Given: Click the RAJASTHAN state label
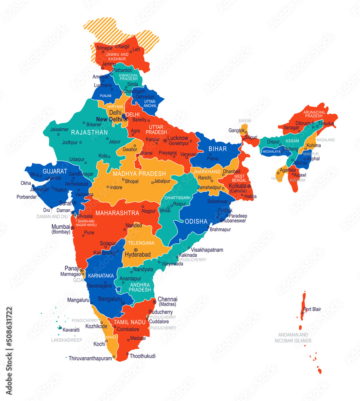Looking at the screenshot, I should click(89, 132).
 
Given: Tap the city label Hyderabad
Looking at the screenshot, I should click(138, 255).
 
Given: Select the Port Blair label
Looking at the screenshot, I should click(312, 309).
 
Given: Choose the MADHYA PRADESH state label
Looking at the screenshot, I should click(139, 174).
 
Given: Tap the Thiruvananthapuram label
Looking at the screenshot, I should click(90, 358).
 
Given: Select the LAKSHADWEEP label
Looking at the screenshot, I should click(67, 340).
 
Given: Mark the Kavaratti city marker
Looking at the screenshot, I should click(60, 328).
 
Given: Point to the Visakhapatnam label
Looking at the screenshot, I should click(207, 250).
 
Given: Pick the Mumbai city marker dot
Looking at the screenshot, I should click(73, 228).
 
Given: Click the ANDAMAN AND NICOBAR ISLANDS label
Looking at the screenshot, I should click(293, 338).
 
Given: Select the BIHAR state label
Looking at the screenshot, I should click(217, 149).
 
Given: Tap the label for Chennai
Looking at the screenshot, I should click(167, 299).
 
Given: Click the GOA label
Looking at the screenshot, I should click(78, 280).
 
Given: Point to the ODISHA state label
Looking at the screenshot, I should click(196, 221).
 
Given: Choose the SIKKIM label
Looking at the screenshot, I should click(245, 121).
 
